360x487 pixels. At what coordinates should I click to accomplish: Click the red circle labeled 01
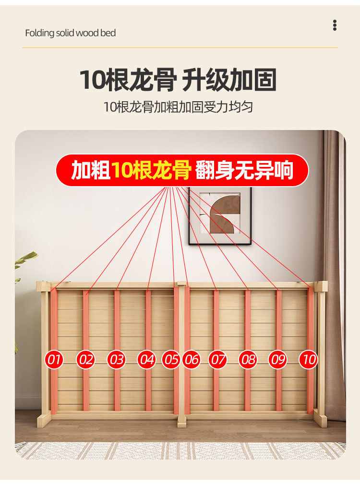tap(54, 360)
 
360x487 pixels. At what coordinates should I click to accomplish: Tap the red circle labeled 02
tap(85, 360)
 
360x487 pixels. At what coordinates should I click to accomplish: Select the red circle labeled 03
tap(116, 360)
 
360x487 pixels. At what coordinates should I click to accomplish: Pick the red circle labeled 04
tap(147, 360)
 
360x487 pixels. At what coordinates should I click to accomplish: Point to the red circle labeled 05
tap(171, 360)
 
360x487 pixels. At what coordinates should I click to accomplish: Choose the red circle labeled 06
tap(192, 360)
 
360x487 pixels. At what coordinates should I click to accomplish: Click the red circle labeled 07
tap(217, 360)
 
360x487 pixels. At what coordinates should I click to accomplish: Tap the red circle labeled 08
tap(248, 360)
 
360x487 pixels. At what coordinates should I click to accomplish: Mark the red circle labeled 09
tap(277, 360)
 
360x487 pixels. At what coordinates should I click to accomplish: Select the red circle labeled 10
tap(309, 360)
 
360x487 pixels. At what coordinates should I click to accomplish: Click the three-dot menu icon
tap(335, 25)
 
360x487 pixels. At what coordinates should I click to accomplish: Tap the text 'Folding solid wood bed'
tap(71, 33)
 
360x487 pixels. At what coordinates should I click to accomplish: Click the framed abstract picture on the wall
tap(220, 215)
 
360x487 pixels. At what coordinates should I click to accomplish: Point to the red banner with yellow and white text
tap(182, 170)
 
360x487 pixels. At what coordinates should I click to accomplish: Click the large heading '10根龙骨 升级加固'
tap(178, 80)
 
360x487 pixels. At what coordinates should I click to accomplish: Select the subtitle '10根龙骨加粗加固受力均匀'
tap(178, 107)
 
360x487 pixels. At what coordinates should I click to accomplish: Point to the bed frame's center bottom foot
tap(181, 421)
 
